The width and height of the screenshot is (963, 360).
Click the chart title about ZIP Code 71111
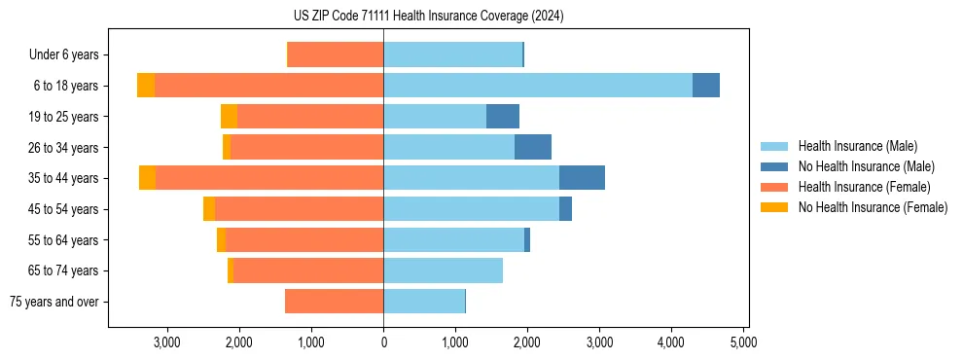click(428, 16)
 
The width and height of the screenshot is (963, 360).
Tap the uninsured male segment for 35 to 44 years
click(582, 178)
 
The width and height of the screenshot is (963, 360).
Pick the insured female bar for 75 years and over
click(334, 302)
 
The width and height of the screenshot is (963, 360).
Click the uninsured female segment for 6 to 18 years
click(146, 86)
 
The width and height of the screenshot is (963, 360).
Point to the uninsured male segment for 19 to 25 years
click(503, 117)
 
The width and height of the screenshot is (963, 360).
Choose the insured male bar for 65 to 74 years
click(443, 270)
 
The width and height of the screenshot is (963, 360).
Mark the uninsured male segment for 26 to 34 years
click(533, 148)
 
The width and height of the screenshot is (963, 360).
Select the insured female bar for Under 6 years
click(336, 55)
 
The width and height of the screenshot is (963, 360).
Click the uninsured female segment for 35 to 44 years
click(147, 178)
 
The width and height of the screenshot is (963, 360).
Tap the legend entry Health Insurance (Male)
click(857, 146)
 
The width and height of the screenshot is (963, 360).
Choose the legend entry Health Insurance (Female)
click(864, 187)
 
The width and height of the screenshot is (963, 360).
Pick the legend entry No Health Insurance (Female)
click(873, 207)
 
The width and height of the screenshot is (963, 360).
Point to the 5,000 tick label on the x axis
click(743, 342)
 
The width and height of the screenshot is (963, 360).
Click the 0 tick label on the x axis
click(383, 342)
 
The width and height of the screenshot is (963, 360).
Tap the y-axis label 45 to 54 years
click(64, 209)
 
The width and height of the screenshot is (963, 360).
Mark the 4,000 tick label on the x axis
click(671, 342)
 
